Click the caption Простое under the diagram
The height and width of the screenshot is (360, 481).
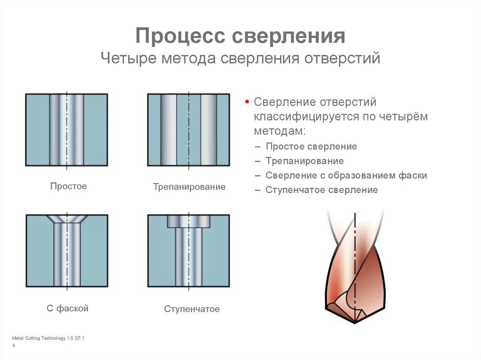click(69, 186)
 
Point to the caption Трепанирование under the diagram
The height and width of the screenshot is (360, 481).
click(189, 187)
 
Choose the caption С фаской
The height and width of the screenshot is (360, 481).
click(68, 308)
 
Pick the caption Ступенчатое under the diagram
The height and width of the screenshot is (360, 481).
click(192, 309)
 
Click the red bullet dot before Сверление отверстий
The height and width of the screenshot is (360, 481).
click(247, 102)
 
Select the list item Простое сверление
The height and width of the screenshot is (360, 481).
click(311, 146)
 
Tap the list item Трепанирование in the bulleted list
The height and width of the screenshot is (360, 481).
click(304, 161)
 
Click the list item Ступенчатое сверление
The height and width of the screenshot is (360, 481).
click(321, 190)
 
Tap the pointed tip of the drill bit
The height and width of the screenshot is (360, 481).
click(356, 322)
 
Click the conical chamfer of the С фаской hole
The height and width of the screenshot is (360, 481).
click(66, 219)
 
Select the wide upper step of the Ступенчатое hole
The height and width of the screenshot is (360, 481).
click(188, 221)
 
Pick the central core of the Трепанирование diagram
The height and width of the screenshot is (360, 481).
click(189, 130)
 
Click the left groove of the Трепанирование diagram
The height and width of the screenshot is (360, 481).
click(169, 130)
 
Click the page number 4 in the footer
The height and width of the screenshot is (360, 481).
click(13, 346)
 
